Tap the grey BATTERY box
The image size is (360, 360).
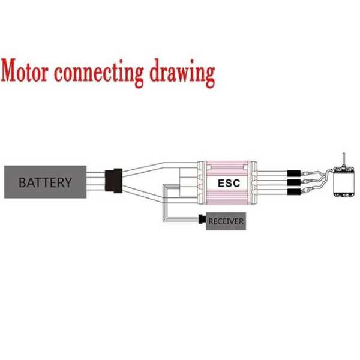(45, 182)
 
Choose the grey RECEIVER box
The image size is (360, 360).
(226, 221)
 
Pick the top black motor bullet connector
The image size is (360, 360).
(293, 169)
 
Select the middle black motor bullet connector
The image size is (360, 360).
(293, 181)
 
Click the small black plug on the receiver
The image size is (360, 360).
(201, 220)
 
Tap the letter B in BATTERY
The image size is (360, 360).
(22, 182)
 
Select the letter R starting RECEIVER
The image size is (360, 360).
(211, 222)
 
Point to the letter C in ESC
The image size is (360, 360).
(236, 182)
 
